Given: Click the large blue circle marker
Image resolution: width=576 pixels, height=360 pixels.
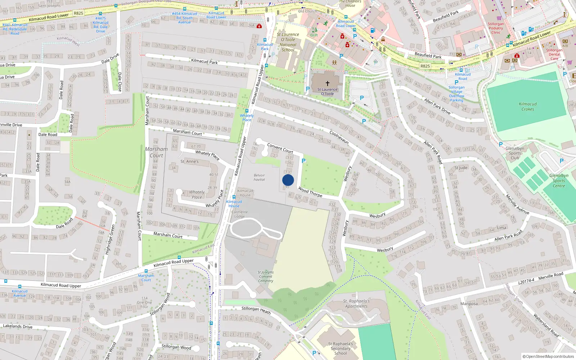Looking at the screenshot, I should click(288, 180).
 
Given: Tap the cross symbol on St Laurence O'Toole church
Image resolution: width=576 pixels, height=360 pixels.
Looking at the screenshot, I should click(328, 83).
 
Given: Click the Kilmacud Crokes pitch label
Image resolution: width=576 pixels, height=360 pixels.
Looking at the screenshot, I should click(527, 107).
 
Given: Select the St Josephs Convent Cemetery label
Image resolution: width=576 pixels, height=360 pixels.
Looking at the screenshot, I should click(266, 276).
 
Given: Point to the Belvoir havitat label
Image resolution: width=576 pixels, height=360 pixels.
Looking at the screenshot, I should click(259, 177).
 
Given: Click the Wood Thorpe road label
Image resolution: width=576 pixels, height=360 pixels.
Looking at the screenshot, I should click(310, 192).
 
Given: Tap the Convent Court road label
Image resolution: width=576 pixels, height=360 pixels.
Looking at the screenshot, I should click(280, 148).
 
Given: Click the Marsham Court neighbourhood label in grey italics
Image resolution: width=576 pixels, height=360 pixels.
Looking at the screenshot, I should click(156, 152).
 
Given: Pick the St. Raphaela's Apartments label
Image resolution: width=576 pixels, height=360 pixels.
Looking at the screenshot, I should click(356, 303).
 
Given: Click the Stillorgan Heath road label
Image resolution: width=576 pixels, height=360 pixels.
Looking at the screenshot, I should click(256, 310).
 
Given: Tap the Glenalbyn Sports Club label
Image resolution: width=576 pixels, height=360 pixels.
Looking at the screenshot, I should click(515, 153).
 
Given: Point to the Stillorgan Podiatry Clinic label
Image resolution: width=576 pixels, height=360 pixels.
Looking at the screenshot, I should click(496, 28).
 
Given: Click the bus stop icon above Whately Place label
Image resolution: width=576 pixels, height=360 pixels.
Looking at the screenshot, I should click(247, 111).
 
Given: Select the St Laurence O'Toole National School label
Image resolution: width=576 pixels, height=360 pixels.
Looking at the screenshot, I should click(288, 42).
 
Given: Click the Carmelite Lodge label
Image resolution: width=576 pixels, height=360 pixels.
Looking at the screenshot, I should click(239, 214).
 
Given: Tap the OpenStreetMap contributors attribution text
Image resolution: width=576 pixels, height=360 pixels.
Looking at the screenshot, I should click(548, 356).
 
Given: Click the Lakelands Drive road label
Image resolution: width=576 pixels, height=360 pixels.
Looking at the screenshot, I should click(18, 326).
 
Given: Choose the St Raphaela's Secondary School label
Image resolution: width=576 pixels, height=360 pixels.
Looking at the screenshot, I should click(340, 348).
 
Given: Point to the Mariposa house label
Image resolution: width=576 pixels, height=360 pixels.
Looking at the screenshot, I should click(469, 303).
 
